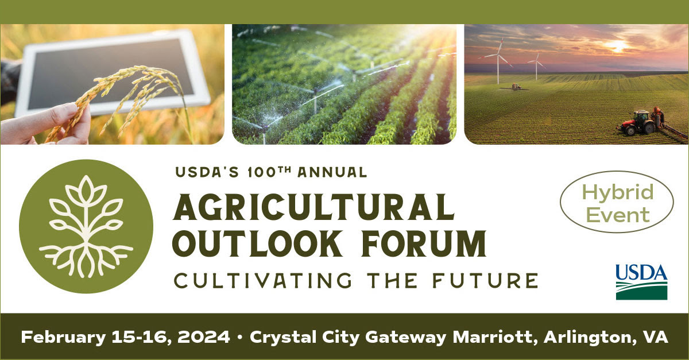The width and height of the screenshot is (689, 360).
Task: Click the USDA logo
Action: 641,282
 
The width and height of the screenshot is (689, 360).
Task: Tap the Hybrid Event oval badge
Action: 617,203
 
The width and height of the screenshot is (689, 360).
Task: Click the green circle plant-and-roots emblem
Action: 86,226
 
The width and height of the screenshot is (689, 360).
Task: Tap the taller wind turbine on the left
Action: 498,57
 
